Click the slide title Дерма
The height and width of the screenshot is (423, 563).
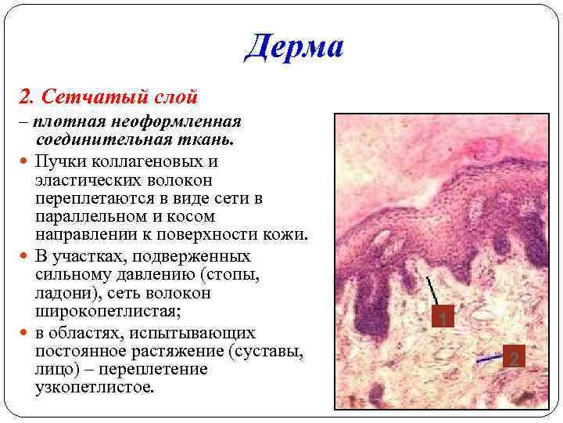pos(293,48)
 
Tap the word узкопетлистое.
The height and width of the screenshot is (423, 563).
pos(95,388)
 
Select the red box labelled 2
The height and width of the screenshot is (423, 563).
pos(513,359)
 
